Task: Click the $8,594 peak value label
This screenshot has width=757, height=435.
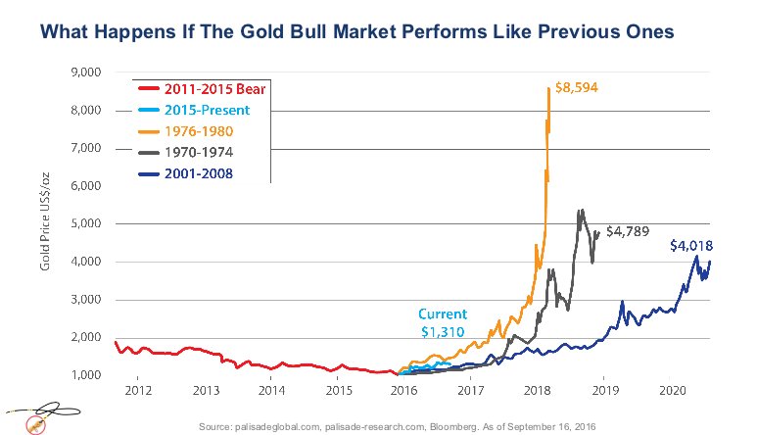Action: coord(576,87)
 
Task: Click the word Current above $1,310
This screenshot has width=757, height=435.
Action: coord(443,314)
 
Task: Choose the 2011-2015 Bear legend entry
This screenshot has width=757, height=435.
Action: coord(215,87)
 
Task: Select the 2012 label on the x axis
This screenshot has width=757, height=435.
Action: coord(137,391)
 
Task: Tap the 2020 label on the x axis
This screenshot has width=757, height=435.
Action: coord(672,391)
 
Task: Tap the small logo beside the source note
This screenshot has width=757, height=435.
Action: coord(35,418)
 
